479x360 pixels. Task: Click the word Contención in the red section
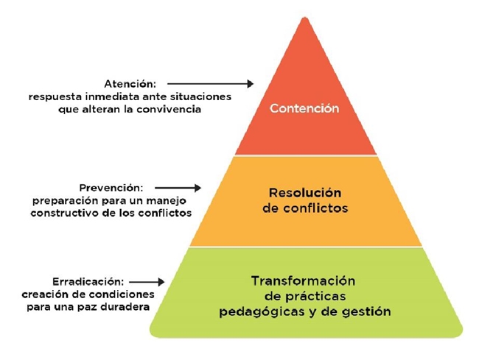click(304, 108)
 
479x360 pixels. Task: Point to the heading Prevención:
click(112, 187)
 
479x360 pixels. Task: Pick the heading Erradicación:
click(88, 281)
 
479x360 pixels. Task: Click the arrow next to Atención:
click(212, 83)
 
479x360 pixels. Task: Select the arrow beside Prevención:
click(178, 187)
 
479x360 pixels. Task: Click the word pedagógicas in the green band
click(258, 311)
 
